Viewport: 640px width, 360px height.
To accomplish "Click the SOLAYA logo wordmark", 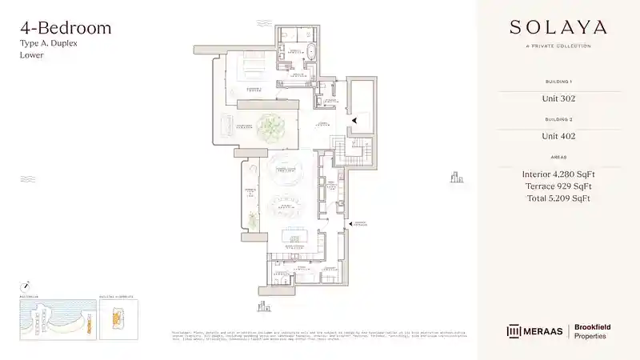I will pyautogui.click(x=558, y=27).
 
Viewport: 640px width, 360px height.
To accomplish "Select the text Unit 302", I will pyautogui.click(x=558, y=99).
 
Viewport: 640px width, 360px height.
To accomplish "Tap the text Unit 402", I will pyautogui.click(x=558, y=136).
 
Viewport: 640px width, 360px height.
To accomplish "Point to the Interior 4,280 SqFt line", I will pyautogui.click(x=558, y=174).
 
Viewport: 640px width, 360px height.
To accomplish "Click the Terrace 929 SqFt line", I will pyautogui.click(x=558, y=186).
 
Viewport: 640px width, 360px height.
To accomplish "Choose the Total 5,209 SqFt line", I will pyautogui.click(x=558, y=198).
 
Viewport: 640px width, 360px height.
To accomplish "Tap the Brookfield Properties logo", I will pyautogui.click(x=593, y=331).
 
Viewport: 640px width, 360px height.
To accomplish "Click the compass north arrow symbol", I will pyautogui.click(x=26, y=285).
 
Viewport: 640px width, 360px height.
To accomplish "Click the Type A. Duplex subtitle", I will pyautogui.click(x=47, y=46).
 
